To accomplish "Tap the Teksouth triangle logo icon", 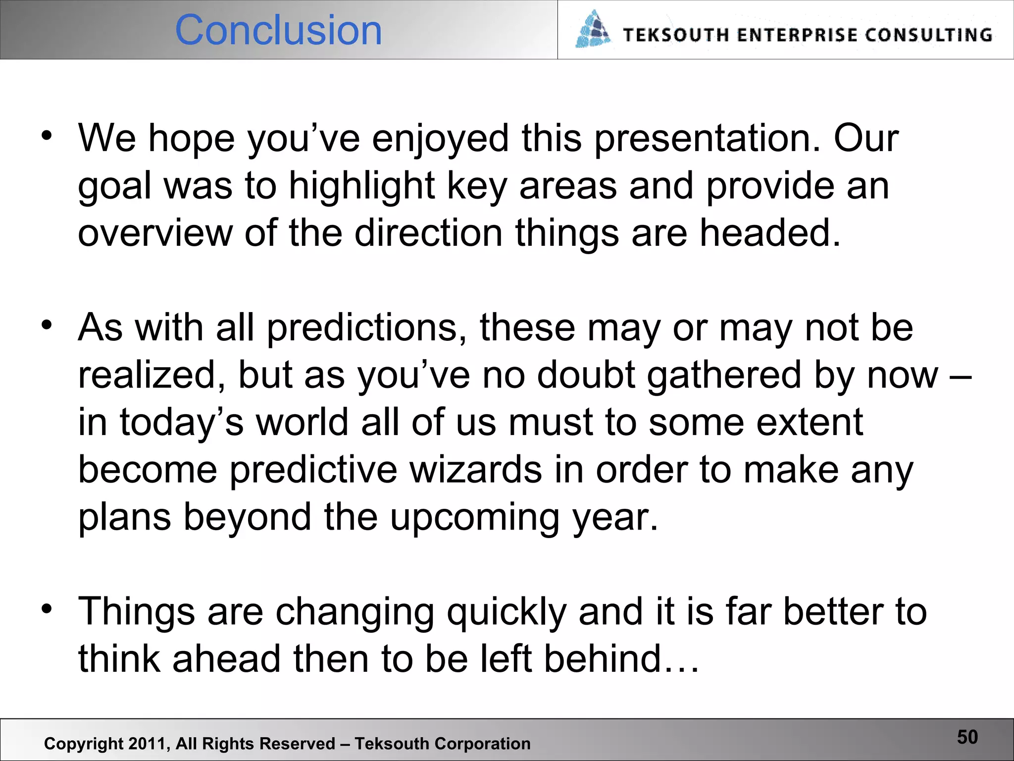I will click(593, 30).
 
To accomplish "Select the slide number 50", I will click(967, 737).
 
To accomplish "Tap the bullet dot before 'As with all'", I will click(47, 325).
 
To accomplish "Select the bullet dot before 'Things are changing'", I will click(47, 609).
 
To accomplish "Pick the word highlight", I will click(361, 186).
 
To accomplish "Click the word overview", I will click(155, 233).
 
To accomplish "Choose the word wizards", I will click(475, 470).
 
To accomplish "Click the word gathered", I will click(724, 376).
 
